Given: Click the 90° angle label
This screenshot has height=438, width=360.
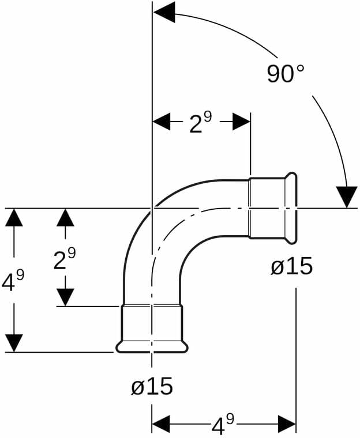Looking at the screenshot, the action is pyautogui.click(x=286, y=73).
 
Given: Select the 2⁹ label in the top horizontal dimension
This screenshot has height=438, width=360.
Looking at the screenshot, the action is pyautogui.click(x=200, y=122).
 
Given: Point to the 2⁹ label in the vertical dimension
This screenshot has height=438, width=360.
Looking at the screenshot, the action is pyautogui.click(x=65, y=259).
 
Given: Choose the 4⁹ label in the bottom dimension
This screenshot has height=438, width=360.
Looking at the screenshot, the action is pyautogui.click(x=222, y=425).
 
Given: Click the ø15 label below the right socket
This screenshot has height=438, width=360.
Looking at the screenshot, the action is pyautogui.click(x=292, y=266).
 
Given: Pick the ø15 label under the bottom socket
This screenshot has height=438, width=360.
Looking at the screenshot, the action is pyautogui.click(x=152, y=386).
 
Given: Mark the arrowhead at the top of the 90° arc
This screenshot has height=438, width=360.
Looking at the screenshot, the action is pyautogui.click(x=164, y=12).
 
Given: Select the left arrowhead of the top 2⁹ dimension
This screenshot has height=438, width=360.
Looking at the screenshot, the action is pyautogui.click(x=162, y=122).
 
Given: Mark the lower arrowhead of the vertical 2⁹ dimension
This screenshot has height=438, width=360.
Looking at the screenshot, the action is pyautogui.click(x=66, y=297).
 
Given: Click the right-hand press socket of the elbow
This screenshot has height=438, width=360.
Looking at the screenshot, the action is pyautogui.click(x=273, y=207).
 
